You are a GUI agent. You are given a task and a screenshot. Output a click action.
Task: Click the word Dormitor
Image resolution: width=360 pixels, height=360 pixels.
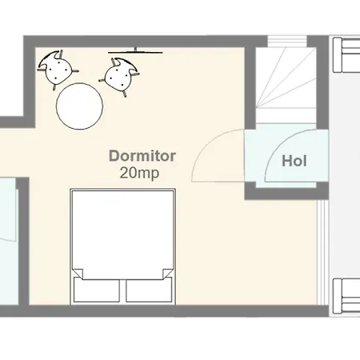142,156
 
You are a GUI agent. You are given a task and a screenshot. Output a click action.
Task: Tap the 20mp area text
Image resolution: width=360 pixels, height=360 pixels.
139,173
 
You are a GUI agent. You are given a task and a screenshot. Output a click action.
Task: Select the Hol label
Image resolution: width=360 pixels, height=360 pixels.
294,161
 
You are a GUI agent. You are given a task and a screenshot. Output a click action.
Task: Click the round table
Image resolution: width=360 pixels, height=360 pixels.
79,106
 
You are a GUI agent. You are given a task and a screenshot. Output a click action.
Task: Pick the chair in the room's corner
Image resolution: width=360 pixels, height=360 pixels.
58,69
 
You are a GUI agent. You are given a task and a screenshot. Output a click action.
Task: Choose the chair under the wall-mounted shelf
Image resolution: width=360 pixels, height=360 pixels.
119,76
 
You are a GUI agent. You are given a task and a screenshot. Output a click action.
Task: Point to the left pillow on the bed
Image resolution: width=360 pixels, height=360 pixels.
97,290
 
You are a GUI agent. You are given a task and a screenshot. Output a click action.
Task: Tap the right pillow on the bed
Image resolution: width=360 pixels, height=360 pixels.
149,290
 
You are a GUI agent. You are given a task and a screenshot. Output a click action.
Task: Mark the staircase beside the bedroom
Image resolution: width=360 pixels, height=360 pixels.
286,86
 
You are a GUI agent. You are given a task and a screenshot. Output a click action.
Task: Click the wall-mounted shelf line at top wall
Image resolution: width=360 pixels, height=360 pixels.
135,53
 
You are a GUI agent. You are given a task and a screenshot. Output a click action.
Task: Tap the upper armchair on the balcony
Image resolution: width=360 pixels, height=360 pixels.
346,55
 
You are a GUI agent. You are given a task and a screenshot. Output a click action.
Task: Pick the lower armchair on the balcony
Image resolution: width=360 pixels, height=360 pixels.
346,295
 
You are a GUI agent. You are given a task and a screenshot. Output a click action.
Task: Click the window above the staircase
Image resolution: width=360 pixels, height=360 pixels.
287,41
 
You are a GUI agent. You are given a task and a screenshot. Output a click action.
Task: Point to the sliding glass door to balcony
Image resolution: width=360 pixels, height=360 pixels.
322,252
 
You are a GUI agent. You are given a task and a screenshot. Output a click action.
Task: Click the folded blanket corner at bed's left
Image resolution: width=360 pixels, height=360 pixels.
78,274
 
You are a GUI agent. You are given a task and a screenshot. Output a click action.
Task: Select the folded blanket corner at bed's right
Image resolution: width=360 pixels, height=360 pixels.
168,274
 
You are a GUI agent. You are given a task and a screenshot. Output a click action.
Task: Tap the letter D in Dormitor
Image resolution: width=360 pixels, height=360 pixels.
114,156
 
